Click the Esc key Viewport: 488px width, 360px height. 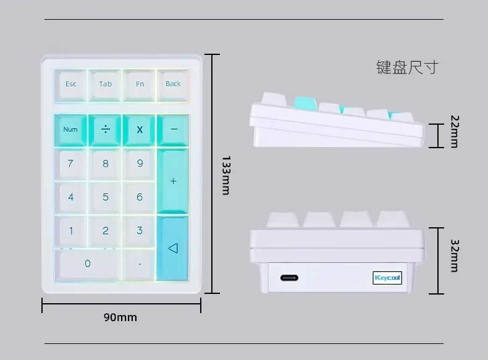point(71,84)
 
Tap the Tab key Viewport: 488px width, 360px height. point(106,84)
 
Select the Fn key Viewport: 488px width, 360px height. point(140,84)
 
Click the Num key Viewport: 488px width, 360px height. point(70,130)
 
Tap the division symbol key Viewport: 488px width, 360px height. point(106,130)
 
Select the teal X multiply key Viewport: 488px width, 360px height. point(140,130)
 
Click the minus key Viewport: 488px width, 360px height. point(174,129)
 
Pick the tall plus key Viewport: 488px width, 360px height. point(173,181)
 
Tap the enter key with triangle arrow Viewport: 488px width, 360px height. point(173,248)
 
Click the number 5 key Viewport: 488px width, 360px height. point(106,198)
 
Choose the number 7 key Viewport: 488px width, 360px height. point(70,164)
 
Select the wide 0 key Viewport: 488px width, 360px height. point(88,264)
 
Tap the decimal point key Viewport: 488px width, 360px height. point(140,264)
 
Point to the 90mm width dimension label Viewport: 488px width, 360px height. point(120,317)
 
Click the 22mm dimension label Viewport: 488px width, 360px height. point(454,132)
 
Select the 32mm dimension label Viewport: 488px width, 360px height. point(454,256)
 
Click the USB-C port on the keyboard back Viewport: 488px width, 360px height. point(289,278)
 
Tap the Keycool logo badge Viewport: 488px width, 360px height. point(387,278)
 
